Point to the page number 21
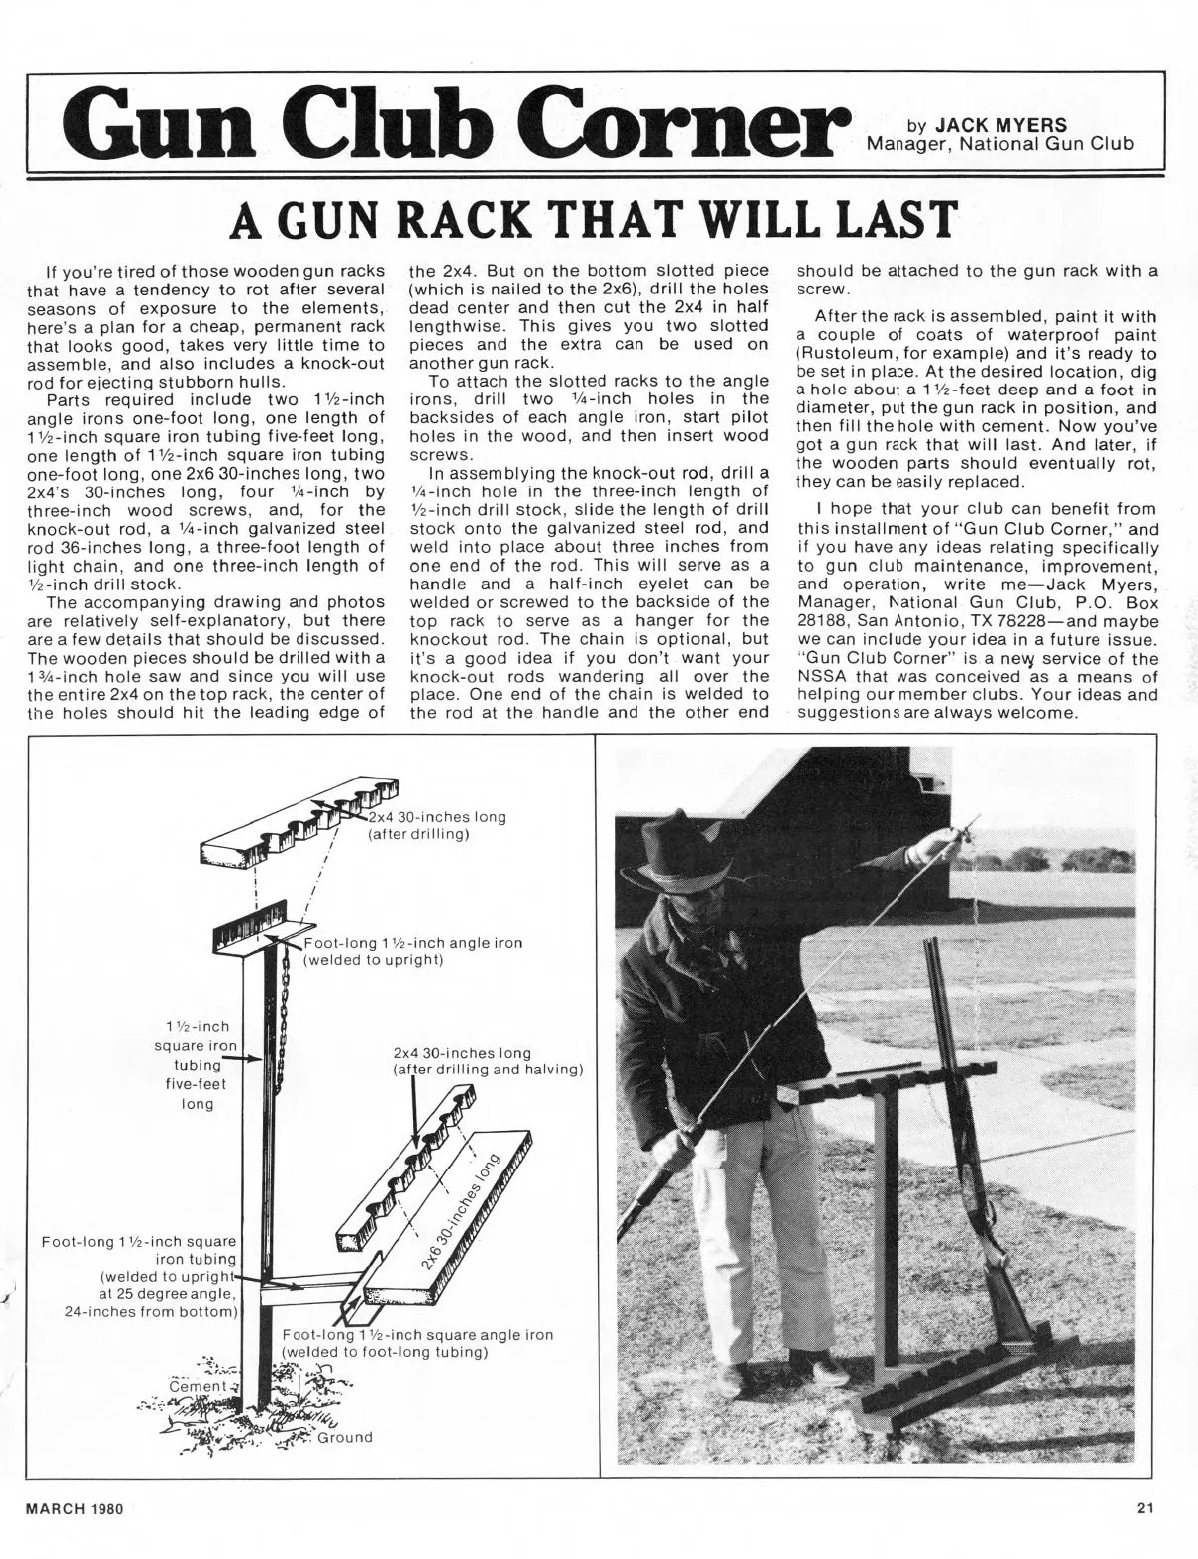[x=1145, y=1509]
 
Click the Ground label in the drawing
[x=344, y=1437]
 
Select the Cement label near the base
[x=197, y=1387]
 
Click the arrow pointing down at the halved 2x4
[x=415, y=1112]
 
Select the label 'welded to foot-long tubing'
[x=384, y=1353]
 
